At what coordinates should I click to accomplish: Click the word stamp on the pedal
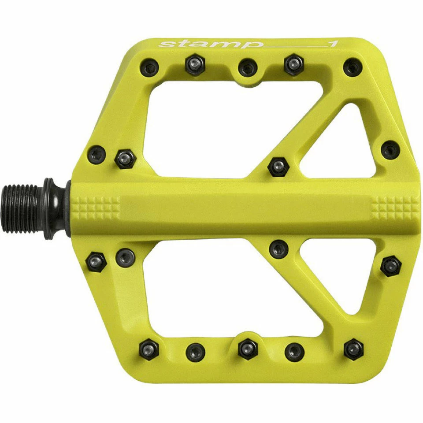pyautogui.click(x=209, y=44)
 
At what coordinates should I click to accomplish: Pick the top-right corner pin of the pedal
pyautogui.click(x=353, y=67)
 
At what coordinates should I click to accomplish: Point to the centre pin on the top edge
pyautogui.click(x=248, y=67)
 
